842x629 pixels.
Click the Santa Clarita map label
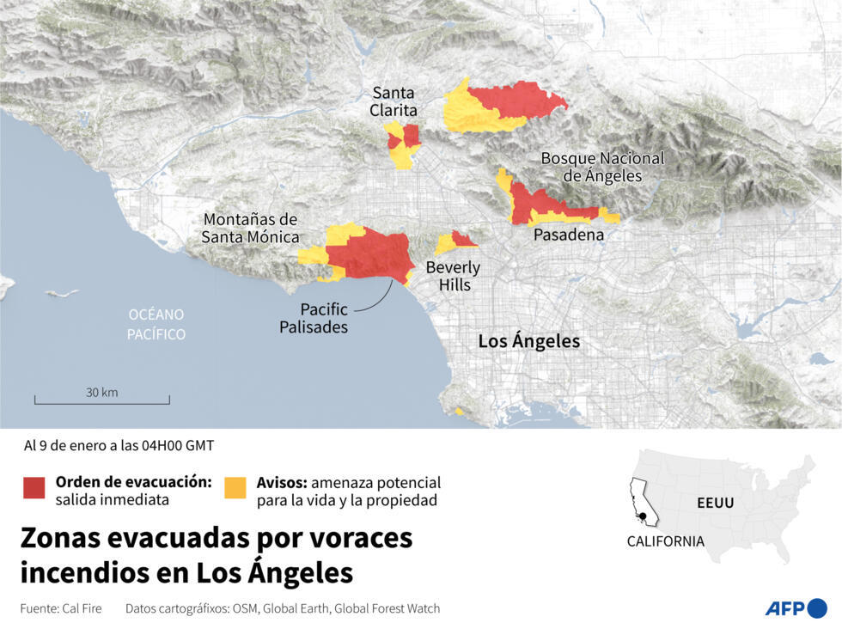tap(394, 101)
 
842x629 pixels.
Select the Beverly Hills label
tap(453, 276)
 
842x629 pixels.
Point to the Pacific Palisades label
tap(313, 318)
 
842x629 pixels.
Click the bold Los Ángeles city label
tap(528, 341)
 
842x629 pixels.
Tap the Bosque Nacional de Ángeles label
tap(602, 167)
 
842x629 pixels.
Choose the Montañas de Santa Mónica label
tap(251, 228)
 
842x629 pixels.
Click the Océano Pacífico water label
tap(156, 324)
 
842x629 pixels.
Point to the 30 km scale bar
tap(102, 400)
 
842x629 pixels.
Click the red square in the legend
tap(34, 488)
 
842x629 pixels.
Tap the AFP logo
tap(796, 608)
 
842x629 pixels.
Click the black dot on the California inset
tap(643, 516)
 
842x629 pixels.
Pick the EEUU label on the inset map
tap(714, 503)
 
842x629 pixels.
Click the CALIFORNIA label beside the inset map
tap(665, 541)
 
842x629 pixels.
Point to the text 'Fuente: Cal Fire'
tap(61, 608)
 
